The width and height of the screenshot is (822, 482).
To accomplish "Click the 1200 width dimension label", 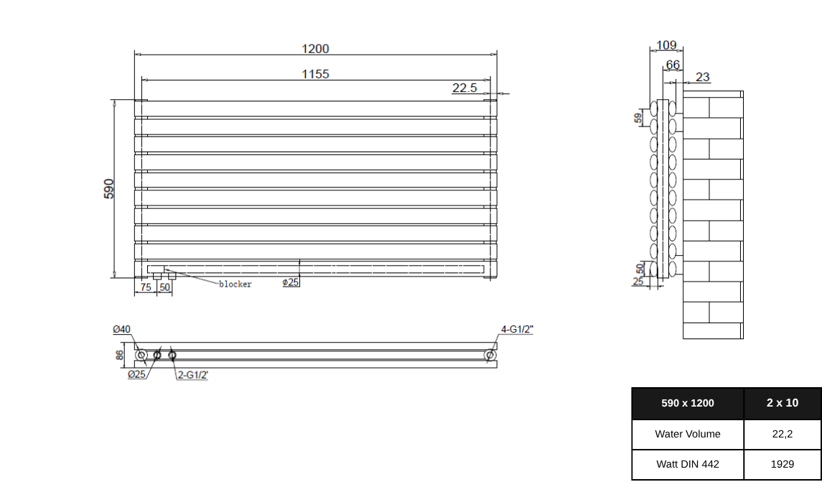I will [315, 49].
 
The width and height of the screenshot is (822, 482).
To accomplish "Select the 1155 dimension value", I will [315, 74].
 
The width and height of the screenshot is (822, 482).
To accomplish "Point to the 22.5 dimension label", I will [464, 88].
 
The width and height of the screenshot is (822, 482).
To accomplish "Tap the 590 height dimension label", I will [109, 188].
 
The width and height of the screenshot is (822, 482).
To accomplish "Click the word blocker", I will [235, 284].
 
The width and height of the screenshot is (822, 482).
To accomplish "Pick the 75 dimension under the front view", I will [146, 287].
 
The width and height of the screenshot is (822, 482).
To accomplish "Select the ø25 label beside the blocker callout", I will [291, 282].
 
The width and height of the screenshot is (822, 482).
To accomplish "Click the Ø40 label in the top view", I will [122, 330].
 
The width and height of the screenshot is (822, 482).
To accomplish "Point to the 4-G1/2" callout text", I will [517, 330].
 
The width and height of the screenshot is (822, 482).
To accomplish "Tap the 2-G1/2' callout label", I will [193, 375].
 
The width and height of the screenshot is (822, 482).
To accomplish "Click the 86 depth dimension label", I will [120, 354].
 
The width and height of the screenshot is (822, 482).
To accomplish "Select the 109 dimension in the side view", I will [666, 45].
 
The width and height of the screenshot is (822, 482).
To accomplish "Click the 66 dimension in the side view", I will [673, 65].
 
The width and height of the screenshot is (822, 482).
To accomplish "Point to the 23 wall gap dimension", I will [703, 77].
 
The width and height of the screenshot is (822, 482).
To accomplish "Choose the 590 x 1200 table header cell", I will [688, 403].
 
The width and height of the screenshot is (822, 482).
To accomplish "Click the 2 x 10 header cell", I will [782, 403].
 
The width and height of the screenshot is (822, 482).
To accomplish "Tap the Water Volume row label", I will [688, 434].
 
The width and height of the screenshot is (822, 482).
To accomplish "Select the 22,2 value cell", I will [782, 434].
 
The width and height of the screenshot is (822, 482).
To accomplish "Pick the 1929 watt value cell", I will [782, 464].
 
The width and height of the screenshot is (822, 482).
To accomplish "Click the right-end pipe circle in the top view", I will [490, 355].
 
